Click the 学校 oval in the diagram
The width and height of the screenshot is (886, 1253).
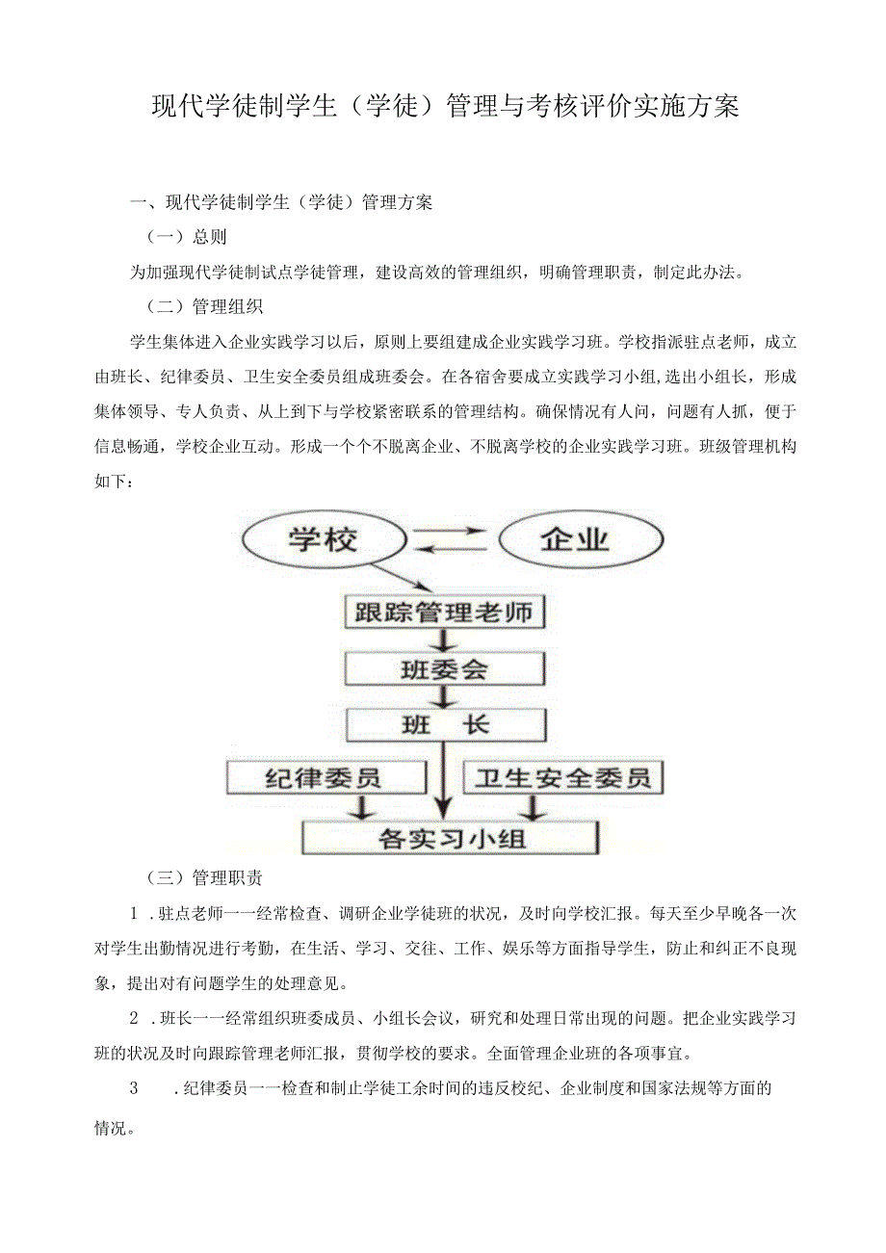(321, 539)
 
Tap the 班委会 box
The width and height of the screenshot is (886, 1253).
(444, 667)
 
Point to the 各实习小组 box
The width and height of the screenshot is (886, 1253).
(451, 836)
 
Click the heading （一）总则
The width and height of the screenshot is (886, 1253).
(186, 237)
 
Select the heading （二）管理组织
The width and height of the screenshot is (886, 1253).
(204, 307)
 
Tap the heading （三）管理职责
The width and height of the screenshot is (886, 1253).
(204, 877)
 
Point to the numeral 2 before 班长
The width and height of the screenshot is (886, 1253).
(135, 1018)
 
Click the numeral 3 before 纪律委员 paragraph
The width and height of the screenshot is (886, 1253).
(134, 1089)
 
